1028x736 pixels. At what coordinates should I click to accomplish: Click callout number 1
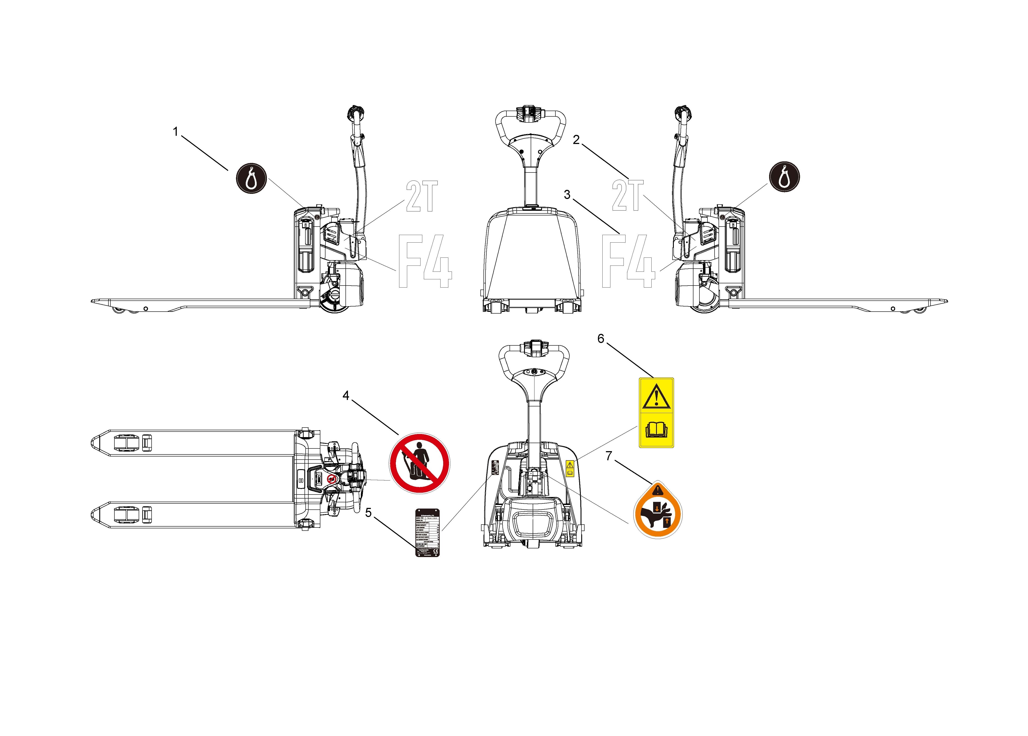[x=175, y=132]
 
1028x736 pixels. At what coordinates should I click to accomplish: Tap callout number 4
[x=346, y=396]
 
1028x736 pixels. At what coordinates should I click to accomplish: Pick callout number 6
[x=601, y=339]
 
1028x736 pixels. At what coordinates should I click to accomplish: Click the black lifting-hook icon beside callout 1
[x=251, y=178]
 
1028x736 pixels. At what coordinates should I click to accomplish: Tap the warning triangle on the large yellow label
[x=656, y=396]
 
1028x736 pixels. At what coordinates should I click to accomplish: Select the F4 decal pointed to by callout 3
[x=628, y=261]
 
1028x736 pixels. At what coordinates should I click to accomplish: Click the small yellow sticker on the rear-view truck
[x=570, y=468]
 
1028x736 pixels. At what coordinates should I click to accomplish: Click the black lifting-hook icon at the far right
[x=784, y=177]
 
